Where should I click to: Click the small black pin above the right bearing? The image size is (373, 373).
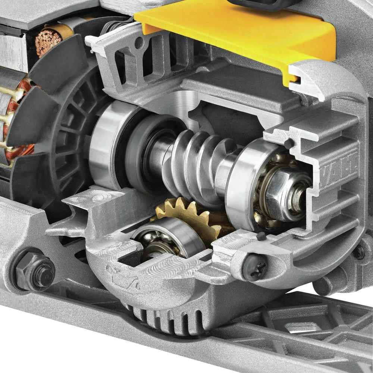click(288, 143)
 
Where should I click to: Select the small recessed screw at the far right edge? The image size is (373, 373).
click(359, 253)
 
